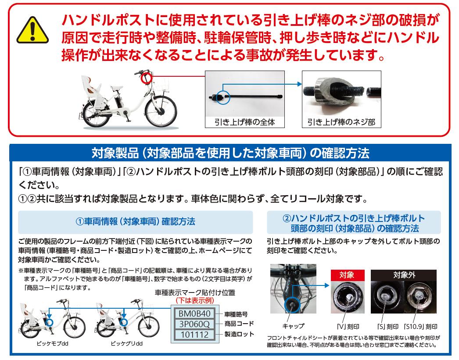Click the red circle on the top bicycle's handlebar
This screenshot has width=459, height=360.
pos(147,77)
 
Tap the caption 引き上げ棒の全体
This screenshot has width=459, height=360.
pos(245,122)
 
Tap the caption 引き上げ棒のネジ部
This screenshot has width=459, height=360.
pos(341,122)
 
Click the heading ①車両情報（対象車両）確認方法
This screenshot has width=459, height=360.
pos(135,222)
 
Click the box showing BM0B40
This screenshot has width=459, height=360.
pos(195,314)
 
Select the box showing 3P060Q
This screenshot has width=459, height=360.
pos(195,324)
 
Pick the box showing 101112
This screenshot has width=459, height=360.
pos(195,335)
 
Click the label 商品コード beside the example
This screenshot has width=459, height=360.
pos(239,324)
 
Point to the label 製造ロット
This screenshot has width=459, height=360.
pos(239,335)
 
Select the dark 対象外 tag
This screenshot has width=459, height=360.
pos(404,275)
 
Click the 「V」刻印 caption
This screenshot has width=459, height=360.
pos(348,327)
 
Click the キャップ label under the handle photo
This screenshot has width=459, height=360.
pos(293,326)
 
